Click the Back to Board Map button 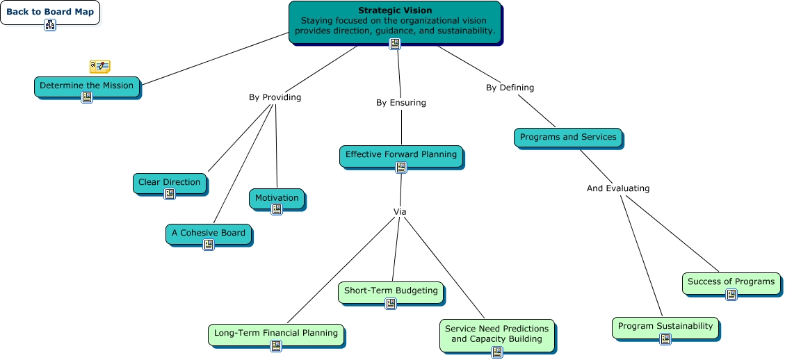(50, 12)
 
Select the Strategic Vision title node (394, 21)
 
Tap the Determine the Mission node (86, 85)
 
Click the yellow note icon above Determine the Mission (99, 67)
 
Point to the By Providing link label (275, 97)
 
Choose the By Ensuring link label (400, 102)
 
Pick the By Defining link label (510, 88)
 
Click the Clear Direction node (169, 182)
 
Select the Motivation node (276, 198)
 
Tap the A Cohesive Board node (208, 233)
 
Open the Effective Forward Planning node (401, 154)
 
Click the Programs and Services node (568, 137)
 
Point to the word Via (400, 211)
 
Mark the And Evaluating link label (617, 188)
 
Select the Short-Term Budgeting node (391, 291)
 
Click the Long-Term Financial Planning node (275, 333)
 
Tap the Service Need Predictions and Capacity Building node (496, 334)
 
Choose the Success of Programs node (731, 281)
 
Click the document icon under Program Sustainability (665, 339)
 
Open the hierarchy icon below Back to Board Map (50, 25)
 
